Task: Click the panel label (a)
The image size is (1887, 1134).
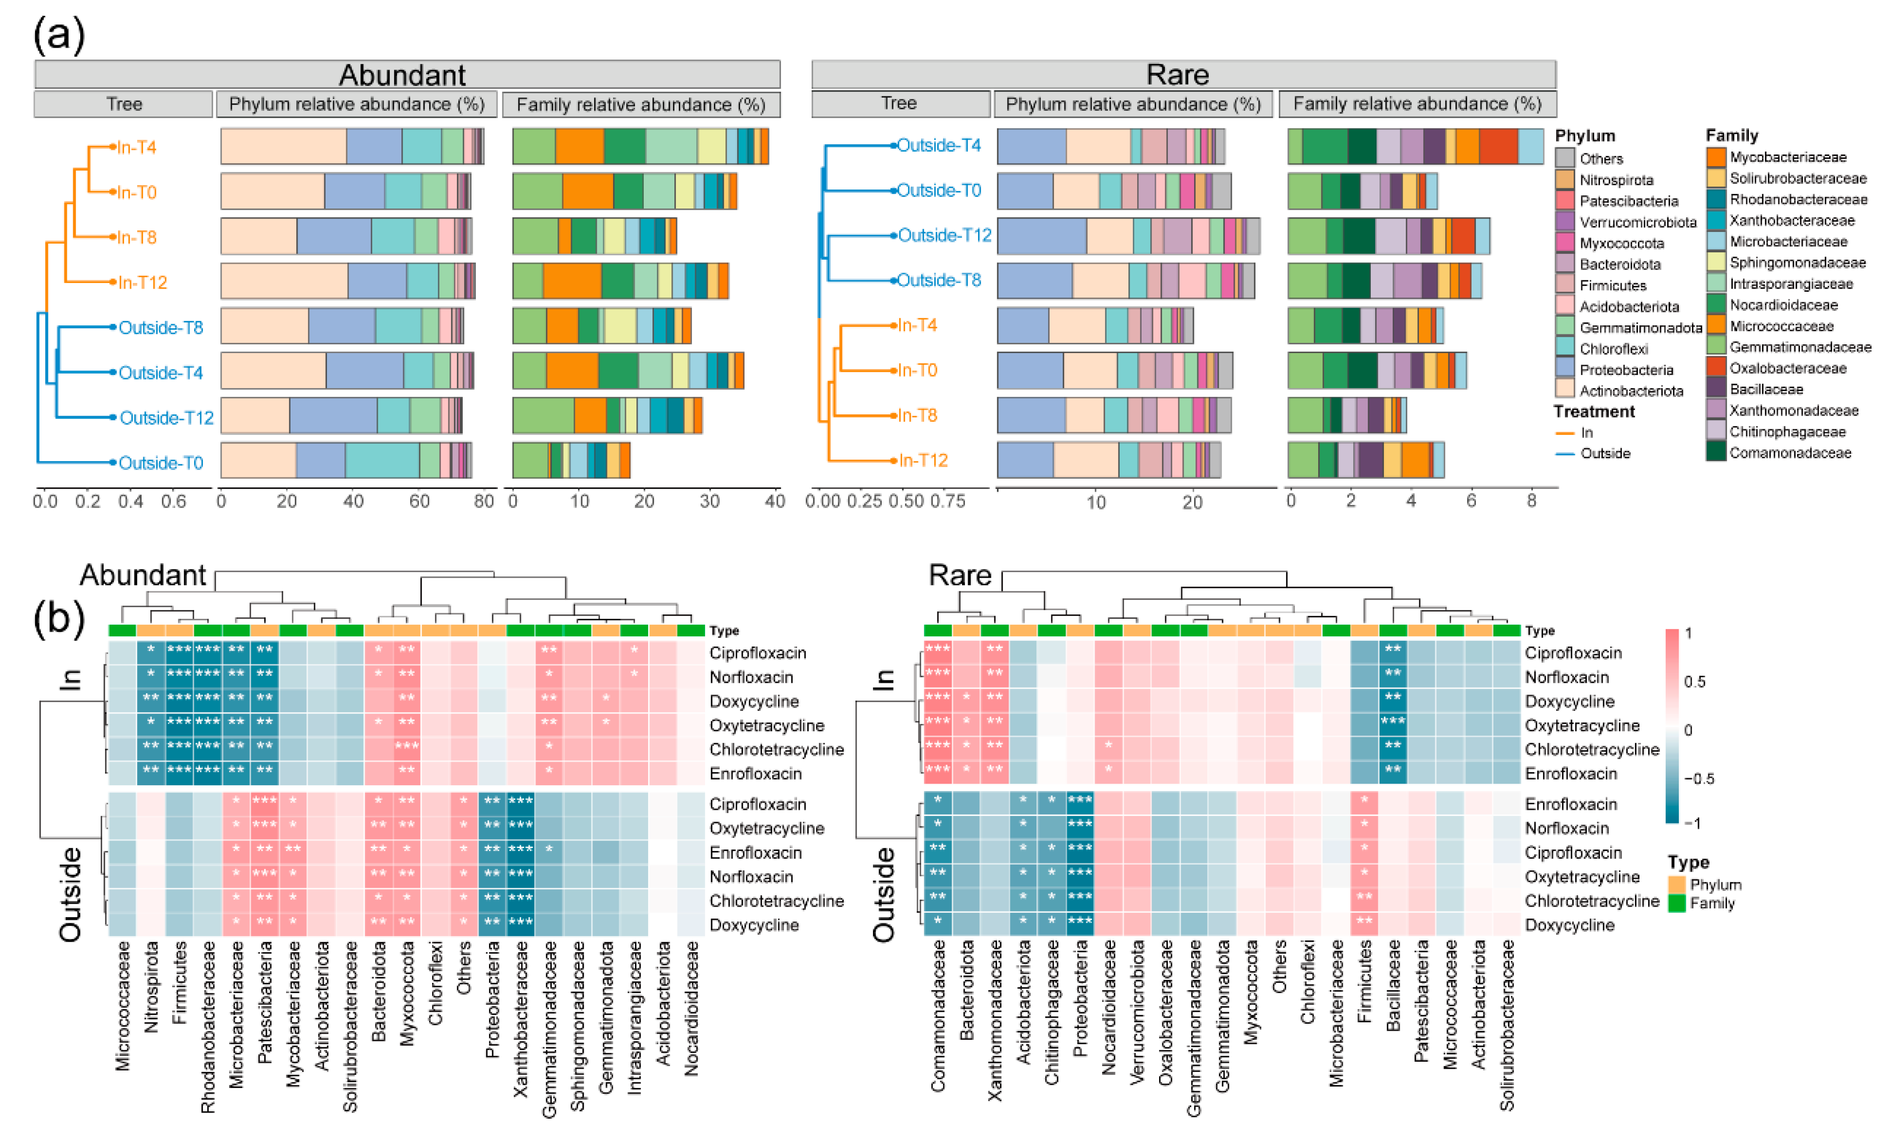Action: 59,35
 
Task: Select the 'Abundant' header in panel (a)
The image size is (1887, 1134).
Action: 403,75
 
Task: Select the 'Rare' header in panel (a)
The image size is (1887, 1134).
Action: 1178,75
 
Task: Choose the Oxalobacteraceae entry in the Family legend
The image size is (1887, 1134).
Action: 1788,368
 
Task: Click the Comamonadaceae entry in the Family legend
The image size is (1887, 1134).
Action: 1790,453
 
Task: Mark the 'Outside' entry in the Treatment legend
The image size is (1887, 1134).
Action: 1605,453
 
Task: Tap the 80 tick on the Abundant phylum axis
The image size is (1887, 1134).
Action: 484,501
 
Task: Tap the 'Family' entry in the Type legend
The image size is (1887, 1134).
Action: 1712,903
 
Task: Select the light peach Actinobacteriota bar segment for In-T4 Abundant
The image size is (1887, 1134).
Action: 284,147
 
